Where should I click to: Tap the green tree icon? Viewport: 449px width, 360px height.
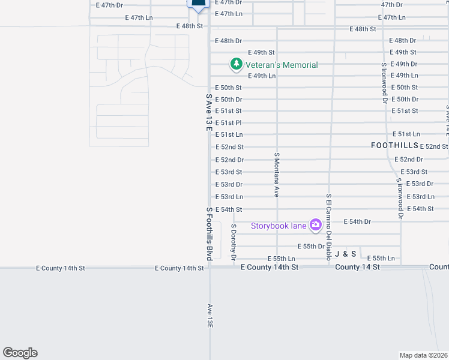coord(237,64)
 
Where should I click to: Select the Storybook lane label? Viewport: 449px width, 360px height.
coord(279,226)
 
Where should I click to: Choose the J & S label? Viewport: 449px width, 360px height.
coord(346,254)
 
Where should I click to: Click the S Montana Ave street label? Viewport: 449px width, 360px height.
coord(277,174)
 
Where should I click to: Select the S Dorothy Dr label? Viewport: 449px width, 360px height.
coord(234,242)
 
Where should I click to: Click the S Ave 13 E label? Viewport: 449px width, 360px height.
coord(209,112)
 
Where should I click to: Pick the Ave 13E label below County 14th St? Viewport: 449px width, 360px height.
coord(209,315)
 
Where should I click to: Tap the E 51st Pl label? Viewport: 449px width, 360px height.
coord(228,122)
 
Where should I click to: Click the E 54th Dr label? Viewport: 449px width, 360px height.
coord(357,221)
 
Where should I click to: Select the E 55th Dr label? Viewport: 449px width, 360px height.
coord(311,246)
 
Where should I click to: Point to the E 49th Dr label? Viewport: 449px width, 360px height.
coord(403,64)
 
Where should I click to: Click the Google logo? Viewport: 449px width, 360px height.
coord(20,353)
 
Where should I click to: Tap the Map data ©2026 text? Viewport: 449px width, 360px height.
coord(424,355)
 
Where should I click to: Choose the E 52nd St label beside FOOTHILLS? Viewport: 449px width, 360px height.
coord(434,146)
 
